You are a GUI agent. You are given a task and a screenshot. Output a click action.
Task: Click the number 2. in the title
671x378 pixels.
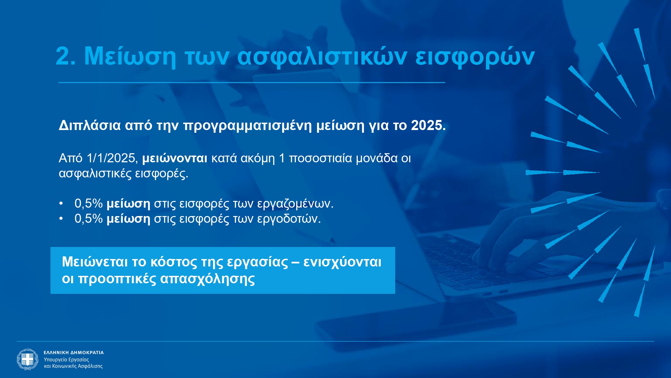(x=66, y=56)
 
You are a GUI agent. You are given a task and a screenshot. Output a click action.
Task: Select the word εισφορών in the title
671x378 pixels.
(x=475, y=56)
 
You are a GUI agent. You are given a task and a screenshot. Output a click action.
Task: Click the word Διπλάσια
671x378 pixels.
(x=90, y=125)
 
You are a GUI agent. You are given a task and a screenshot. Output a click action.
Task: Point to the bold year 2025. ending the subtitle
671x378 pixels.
(x=428, y=125)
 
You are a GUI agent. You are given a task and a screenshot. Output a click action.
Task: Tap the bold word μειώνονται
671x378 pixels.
(x=175, y=158)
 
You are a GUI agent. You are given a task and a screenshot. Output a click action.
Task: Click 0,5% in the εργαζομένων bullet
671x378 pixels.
(x=89, y=203)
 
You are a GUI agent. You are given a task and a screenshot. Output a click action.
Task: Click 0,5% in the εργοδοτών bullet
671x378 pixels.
(x=89, y=218)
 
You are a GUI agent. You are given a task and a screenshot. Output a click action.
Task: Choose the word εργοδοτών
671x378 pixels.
(x=289, y=219)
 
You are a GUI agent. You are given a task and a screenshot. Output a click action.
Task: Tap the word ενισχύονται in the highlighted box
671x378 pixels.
(x=342, y=262)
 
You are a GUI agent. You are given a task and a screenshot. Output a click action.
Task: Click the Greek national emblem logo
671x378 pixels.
(x=28, y=359)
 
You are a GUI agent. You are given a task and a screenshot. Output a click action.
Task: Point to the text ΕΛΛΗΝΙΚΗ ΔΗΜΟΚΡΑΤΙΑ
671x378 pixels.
(x=74, y=352)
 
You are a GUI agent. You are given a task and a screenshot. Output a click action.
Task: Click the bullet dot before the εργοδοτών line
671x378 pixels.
(x=61, y=219)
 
